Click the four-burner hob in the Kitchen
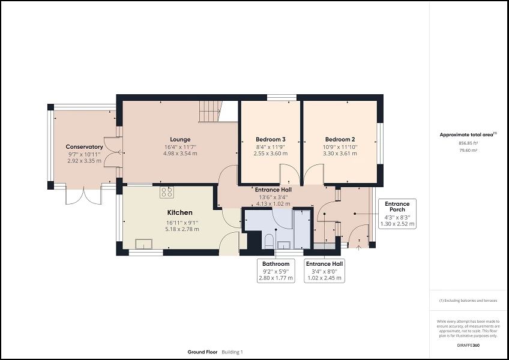click(x=167, y=192)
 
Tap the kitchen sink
click(x=143, y=243)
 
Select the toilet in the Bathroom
click(x=269, y=241)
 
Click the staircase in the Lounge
click(x=210, y=110)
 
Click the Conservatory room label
click(x=84, y=147)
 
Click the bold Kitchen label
click(x=180, y=212)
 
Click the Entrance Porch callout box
click(x=397, y=214)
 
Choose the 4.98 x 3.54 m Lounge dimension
click(x=180, y=154)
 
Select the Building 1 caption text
click(x=233, y=352)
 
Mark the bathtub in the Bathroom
click(x=302, y=228)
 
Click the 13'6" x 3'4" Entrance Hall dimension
click(x=274, y=196)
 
